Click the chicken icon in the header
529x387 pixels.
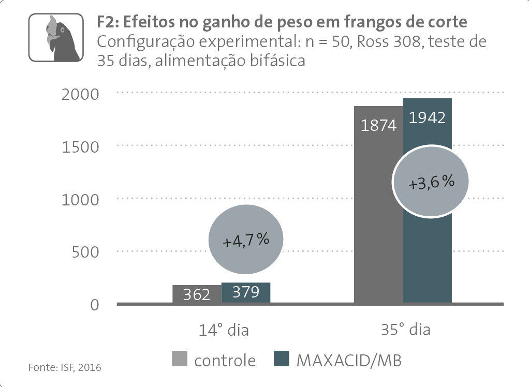coord(55,38)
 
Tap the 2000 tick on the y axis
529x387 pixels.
coord(80,94)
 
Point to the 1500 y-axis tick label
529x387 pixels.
coord(80,147)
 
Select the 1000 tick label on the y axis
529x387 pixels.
coord(80,199)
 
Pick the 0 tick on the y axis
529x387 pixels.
coord(94,305)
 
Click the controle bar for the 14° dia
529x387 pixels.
coord(197,294)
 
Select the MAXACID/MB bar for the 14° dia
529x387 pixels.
coord(246,293)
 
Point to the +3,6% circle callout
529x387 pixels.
coord(431,182)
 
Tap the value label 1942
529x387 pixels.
coord(428,117)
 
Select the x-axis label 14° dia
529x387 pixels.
coord(224,330)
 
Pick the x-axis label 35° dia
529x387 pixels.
coord(405,330)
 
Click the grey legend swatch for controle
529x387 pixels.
coord(180,360)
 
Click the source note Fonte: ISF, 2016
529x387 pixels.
coord(65,368)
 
